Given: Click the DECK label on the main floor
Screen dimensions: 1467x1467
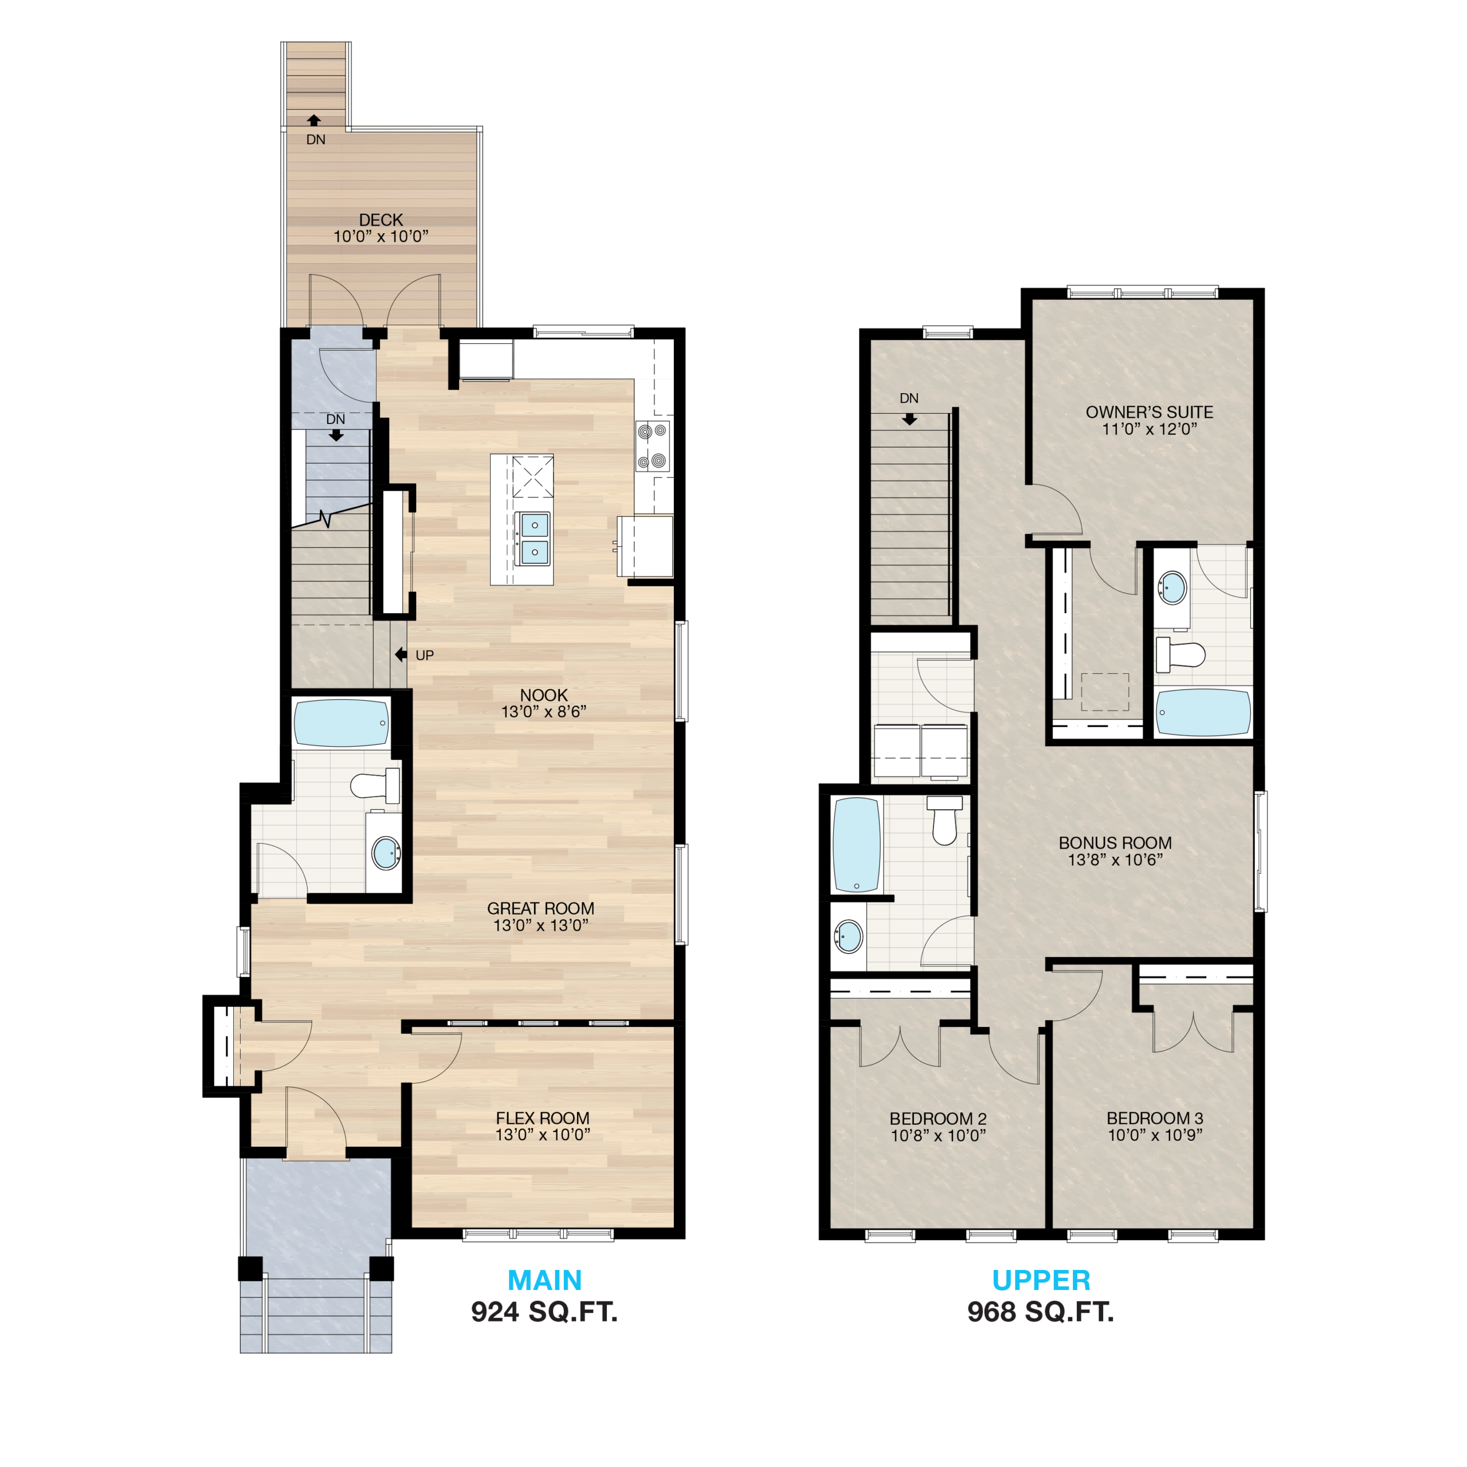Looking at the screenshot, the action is [381, 219].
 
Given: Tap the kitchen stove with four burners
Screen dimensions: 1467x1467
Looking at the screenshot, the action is [653, 446].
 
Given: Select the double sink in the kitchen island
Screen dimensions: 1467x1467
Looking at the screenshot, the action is [534, 538].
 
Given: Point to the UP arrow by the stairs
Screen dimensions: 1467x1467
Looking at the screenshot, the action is [401, 654].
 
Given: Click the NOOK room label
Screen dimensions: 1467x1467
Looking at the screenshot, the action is [544, 695].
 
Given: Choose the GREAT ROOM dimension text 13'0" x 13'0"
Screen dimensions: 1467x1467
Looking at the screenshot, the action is [540, 925].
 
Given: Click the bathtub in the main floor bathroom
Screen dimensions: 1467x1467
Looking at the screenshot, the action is [341, 722].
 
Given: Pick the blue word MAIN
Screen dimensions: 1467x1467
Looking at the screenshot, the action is [544, 1280].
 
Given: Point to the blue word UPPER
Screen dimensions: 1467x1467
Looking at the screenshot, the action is [1041, 1280].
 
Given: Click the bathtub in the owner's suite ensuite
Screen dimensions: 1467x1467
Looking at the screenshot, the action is [1203, 712].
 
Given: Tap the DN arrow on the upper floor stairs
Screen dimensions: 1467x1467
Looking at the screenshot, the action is [909, 418].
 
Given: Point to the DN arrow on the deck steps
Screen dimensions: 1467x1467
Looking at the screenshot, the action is [313, 120].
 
